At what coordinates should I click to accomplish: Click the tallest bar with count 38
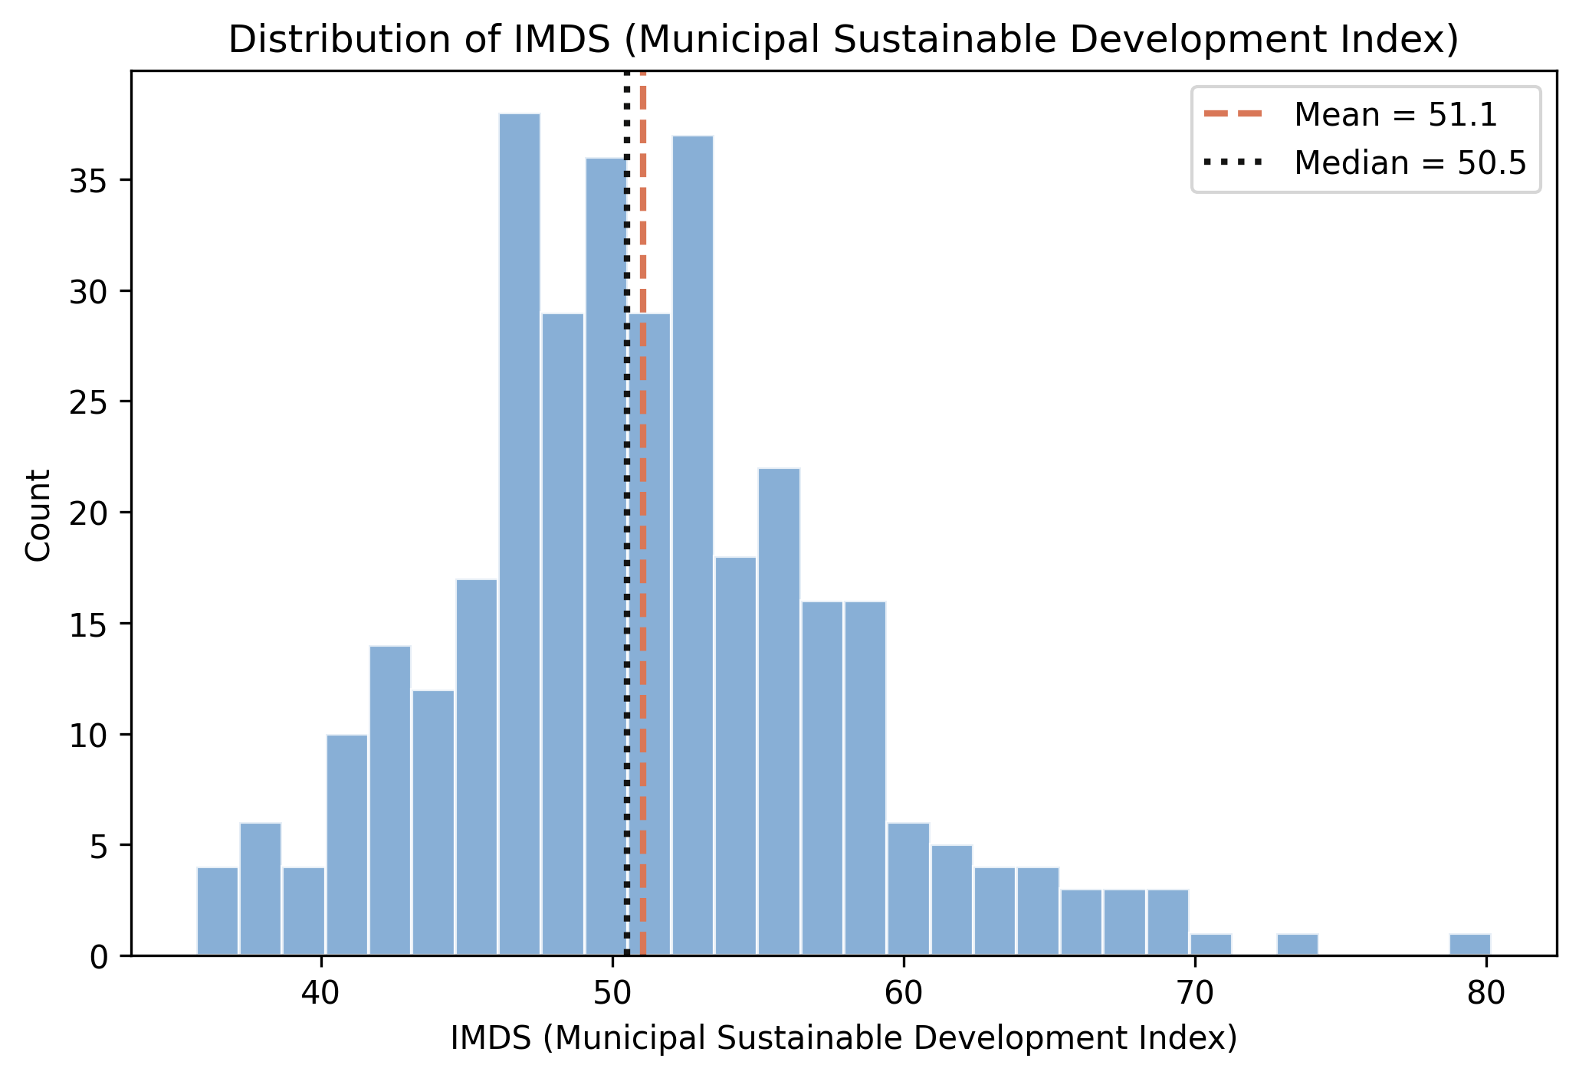tap(520, 536)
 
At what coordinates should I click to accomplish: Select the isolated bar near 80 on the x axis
tap(1469, 945)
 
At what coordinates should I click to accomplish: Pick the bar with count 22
tap(779, 713)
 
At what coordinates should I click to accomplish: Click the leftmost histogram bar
tap(218, 912)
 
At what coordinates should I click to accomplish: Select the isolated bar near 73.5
tap(1297, 945)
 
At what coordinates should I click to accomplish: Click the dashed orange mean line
tap(643, 460)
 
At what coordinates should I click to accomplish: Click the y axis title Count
tap(38, 515)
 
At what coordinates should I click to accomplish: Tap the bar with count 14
tap(390, 801)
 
